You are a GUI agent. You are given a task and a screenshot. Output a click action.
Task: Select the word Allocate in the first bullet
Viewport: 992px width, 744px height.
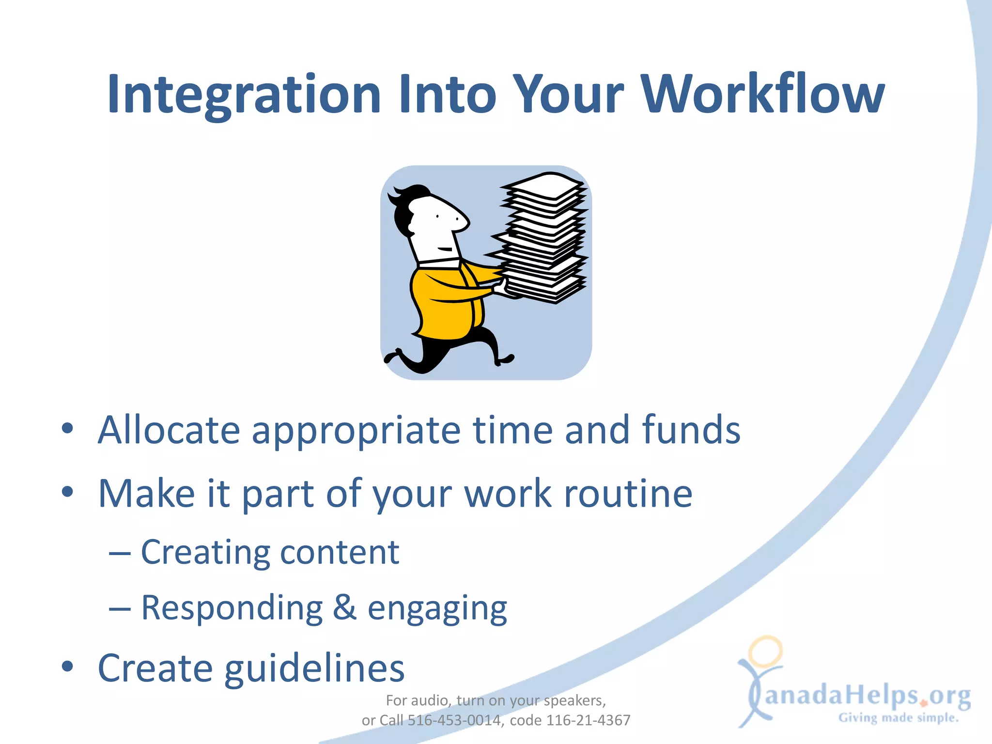[x=169, y=430]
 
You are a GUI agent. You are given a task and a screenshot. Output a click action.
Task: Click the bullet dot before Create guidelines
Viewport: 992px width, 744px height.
[x=67, y=666]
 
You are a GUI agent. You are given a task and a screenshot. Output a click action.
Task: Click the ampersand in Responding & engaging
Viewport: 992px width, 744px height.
[x=345, y=607]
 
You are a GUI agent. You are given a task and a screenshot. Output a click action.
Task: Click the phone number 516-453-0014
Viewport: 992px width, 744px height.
[x=454, y=720]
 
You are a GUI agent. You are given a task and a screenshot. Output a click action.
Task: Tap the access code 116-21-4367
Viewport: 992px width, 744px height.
[x=588, y=720]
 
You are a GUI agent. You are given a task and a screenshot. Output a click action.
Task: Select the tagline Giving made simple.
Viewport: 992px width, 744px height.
[x=899, y=717]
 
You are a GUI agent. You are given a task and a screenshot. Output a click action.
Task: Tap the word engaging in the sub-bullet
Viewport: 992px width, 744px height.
[x=437, y=608]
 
